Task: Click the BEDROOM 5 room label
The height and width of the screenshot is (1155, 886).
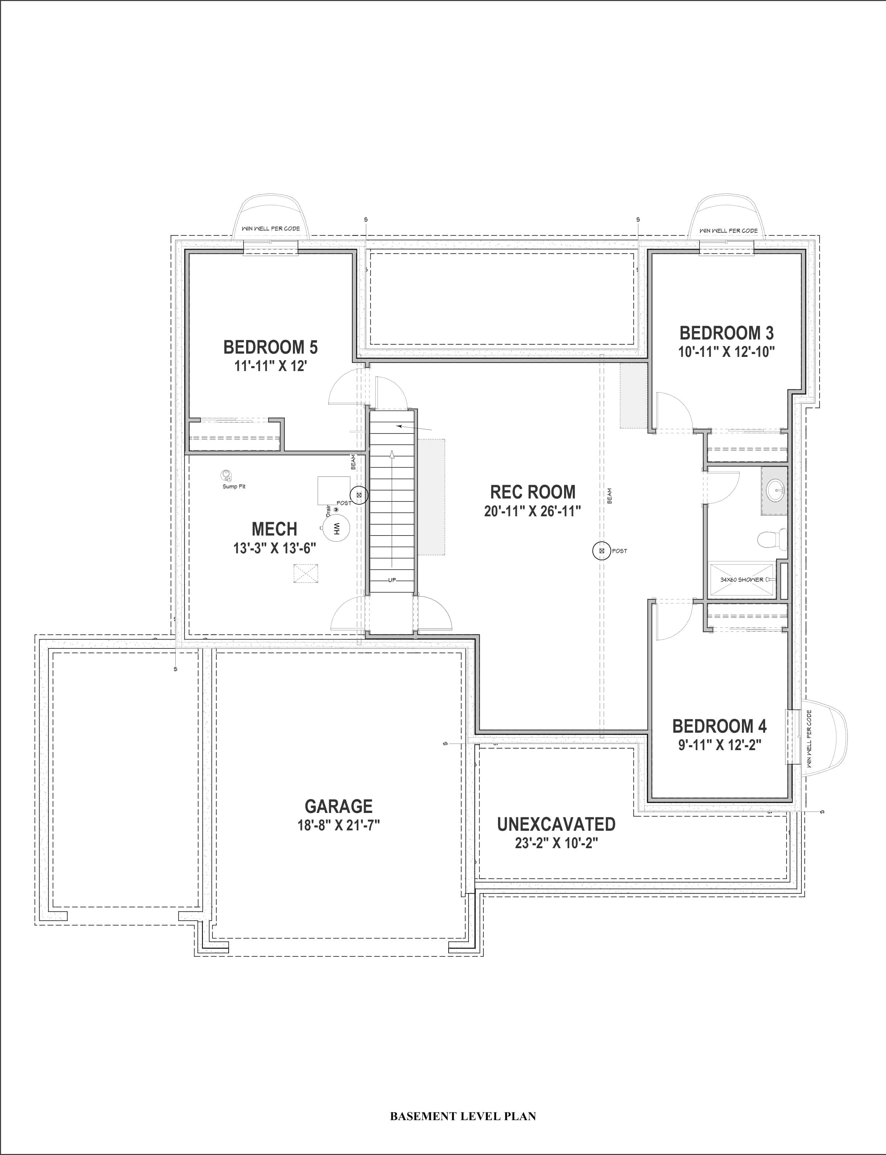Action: pos(270,347)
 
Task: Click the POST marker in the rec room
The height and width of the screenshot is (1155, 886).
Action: pos(601,551)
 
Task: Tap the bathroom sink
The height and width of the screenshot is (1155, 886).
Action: pos(774,490)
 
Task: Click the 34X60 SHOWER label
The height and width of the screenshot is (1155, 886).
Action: pos(742,579)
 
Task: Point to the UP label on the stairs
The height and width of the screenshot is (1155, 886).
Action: pos(392,580)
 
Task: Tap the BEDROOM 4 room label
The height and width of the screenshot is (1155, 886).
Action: pos(719,726)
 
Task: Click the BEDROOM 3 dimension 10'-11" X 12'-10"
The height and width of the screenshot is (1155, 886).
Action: pos(726,352)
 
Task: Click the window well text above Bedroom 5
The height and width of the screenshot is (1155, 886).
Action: pos(270,228)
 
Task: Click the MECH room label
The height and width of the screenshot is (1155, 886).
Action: pos(274,529)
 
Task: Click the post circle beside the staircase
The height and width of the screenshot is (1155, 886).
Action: pos(359,495)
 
